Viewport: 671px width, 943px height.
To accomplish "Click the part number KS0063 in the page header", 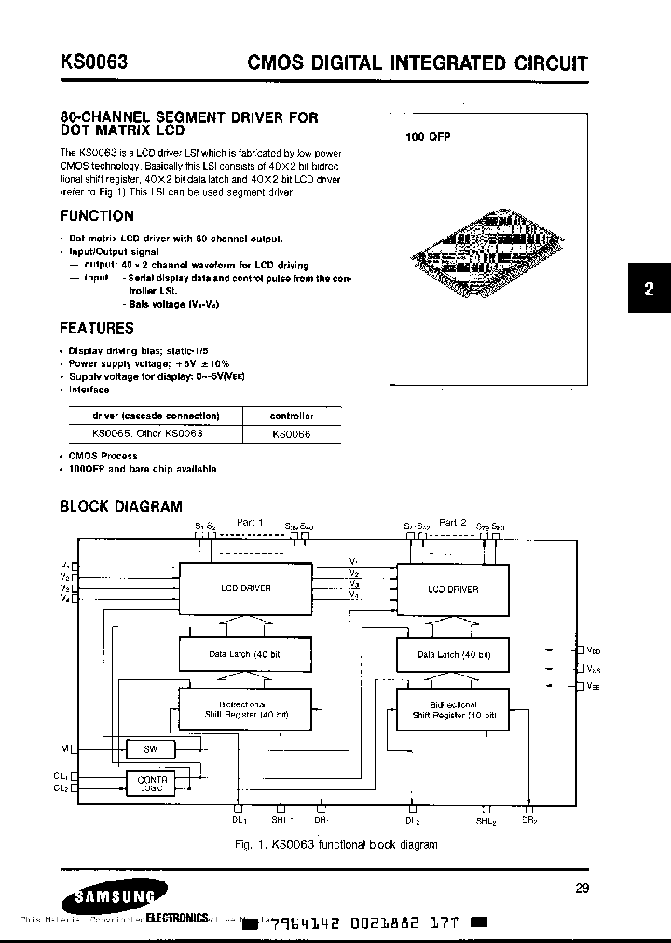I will (94, 62).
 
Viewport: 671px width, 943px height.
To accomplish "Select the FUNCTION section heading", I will (97, 216).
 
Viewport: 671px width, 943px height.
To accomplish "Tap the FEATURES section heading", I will (97, 328).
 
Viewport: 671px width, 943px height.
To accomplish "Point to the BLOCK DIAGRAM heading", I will (121, 507).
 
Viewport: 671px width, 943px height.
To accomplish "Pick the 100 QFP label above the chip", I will (428, 137).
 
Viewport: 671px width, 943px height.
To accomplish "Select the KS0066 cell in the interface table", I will (292, 434).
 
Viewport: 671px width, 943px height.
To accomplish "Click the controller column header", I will (292, 416).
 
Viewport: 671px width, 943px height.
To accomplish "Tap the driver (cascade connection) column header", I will (157, 416).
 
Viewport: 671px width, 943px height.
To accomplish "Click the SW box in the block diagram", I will (154, 748).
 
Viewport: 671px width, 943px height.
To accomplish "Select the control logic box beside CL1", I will (153, 783).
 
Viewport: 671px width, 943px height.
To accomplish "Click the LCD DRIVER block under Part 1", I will (246, 588).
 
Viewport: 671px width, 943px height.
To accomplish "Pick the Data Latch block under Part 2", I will (452, 655).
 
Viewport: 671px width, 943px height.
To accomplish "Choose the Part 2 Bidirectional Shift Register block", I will (452, 711).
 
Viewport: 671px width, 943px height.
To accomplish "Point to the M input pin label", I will (64, 748).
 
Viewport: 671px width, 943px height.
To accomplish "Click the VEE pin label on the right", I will (594, 687).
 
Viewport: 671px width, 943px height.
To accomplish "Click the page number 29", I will (582, 888).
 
